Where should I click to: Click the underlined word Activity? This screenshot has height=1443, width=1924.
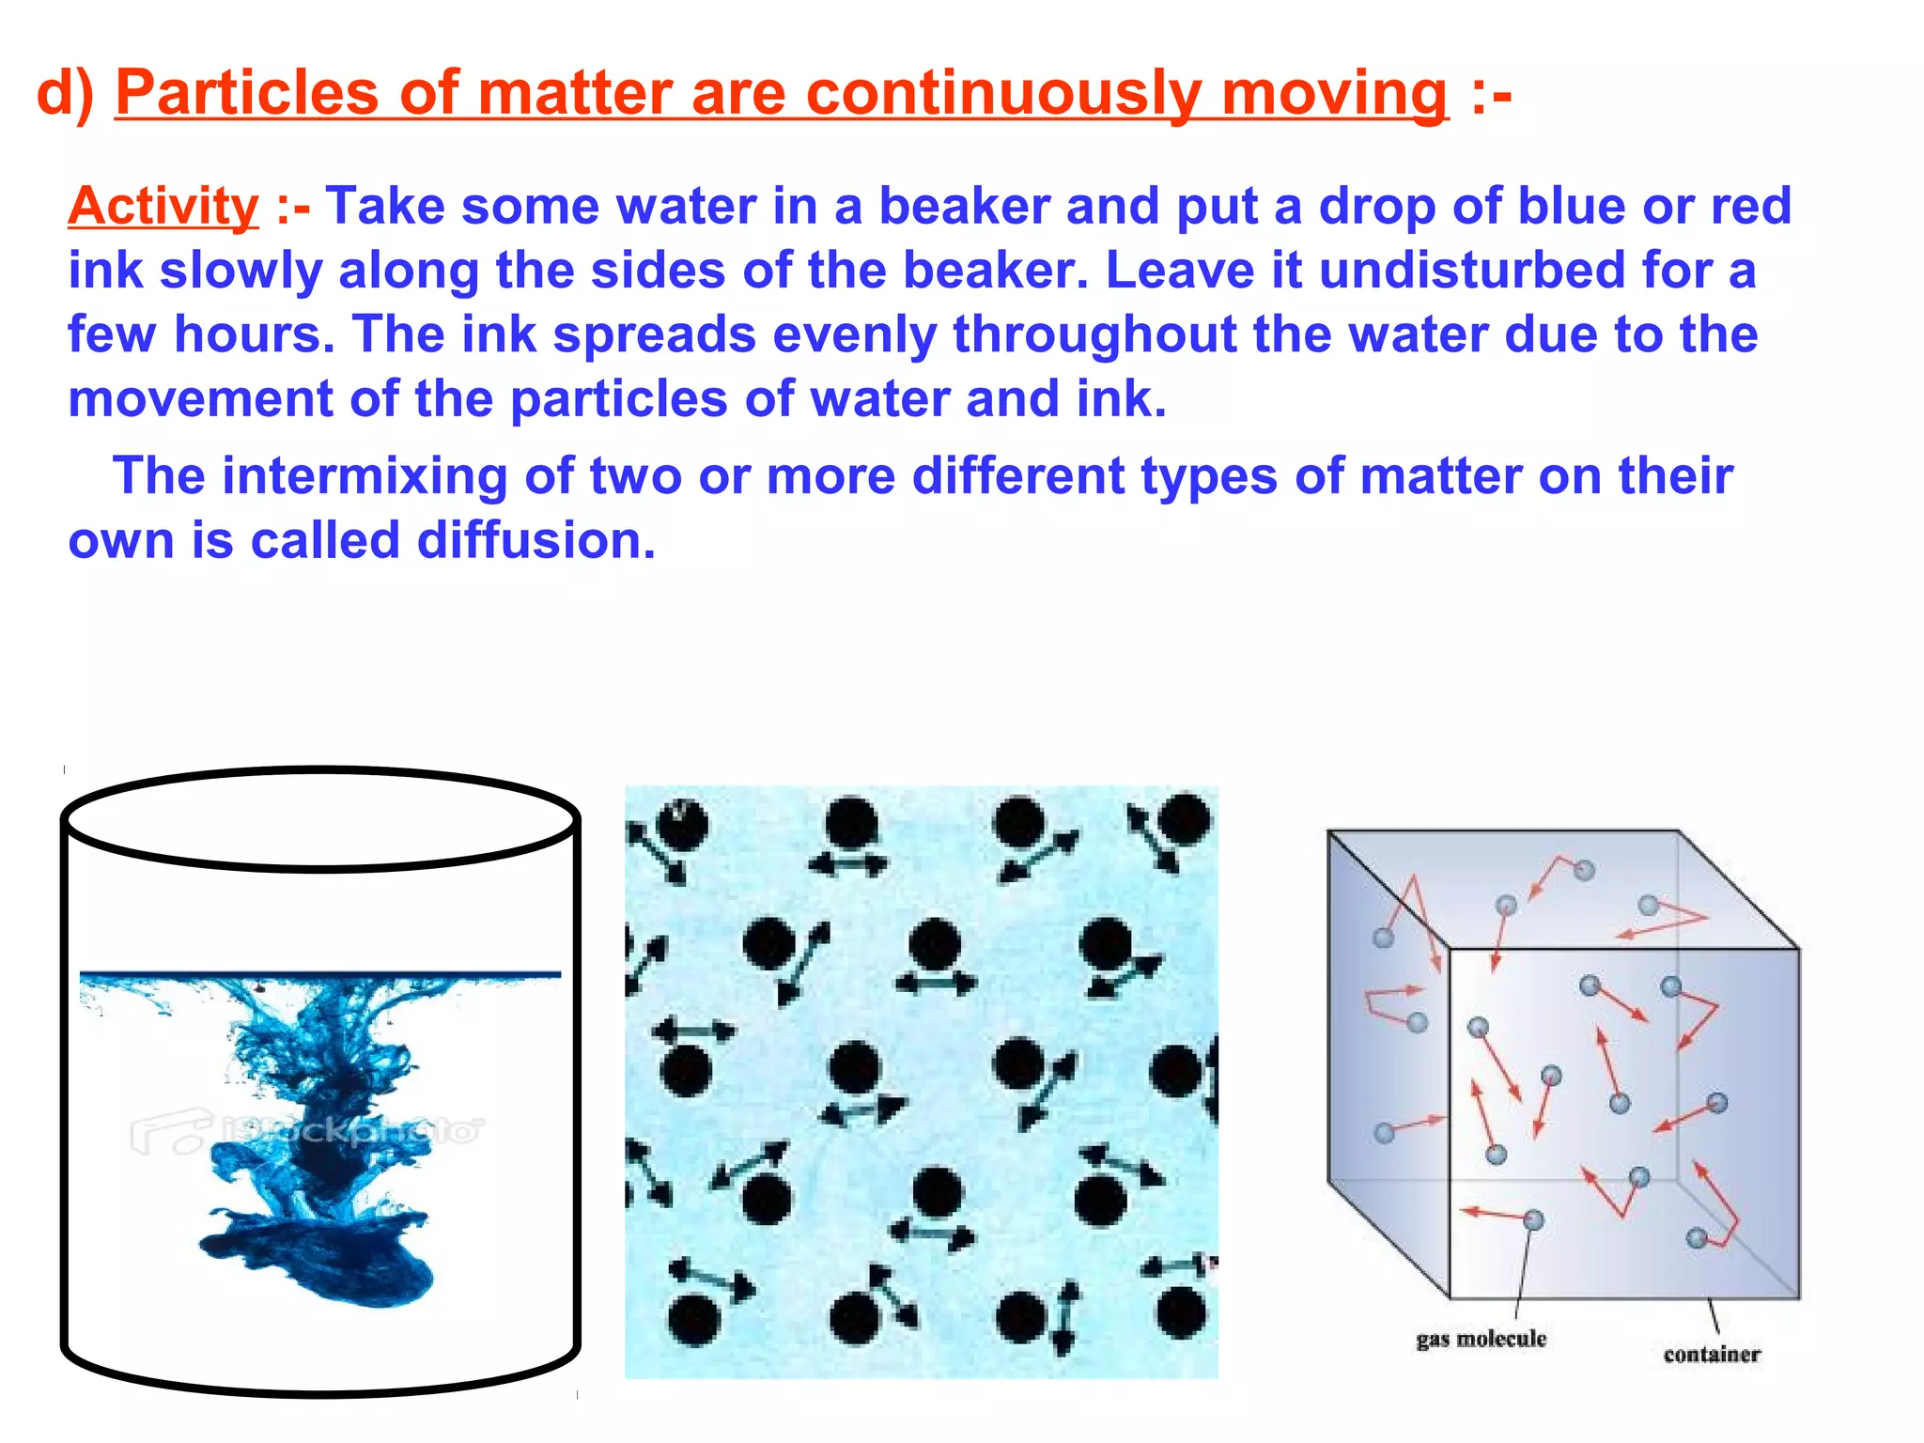click(163, 206)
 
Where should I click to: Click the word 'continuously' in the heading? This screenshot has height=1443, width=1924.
click(1003, 93)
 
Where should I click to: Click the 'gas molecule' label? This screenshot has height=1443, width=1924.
click(1481, 1339)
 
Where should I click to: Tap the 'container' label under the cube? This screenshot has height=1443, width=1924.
click(1711, 1354)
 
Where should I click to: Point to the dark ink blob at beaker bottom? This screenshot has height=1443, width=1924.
click(319, 1259)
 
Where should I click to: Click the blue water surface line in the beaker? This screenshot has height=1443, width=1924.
click(319, 975)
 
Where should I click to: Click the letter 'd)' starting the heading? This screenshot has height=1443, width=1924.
click(65, 93)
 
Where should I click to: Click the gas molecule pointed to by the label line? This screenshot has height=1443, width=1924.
click(1533, 1219)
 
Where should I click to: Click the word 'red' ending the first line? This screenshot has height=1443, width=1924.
click(1750, 206)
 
